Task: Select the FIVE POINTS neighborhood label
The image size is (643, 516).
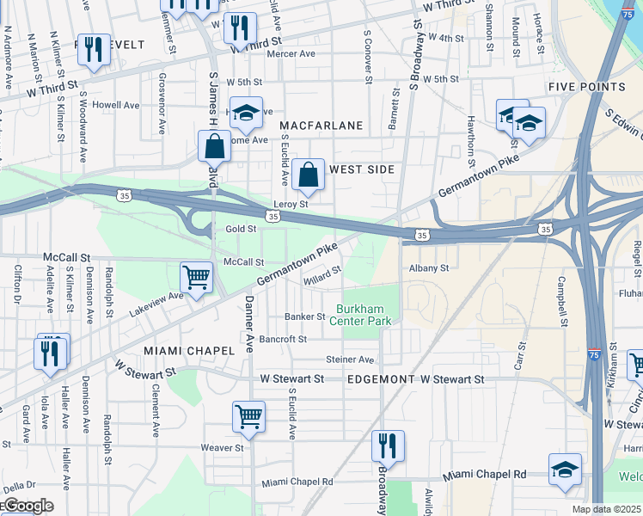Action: pos(587,87)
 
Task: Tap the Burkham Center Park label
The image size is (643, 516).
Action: pos(364,315)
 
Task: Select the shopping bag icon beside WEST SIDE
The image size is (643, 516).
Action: pos(308,175)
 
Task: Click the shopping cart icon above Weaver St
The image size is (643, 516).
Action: pos(248,417)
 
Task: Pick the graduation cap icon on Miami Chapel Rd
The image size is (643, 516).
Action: pos(564,470)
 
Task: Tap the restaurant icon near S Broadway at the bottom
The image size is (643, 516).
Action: pos(388,446)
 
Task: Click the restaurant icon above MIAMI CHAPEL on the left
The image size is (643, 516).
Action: pos(50,353)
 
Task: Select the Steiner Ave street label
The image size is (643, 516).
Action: pos(350,359)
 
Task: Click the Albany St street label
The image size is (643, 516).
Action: pos(429,268)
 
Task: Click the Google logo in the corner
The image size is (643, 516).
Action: pos(28,507)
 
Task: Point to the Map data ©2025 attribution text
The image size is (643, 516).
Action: pos(605,509)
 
